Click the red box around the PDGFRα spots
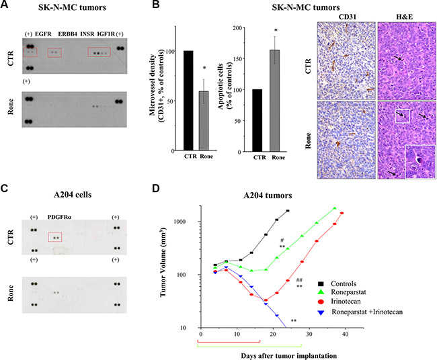click(x=55, y=238)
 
